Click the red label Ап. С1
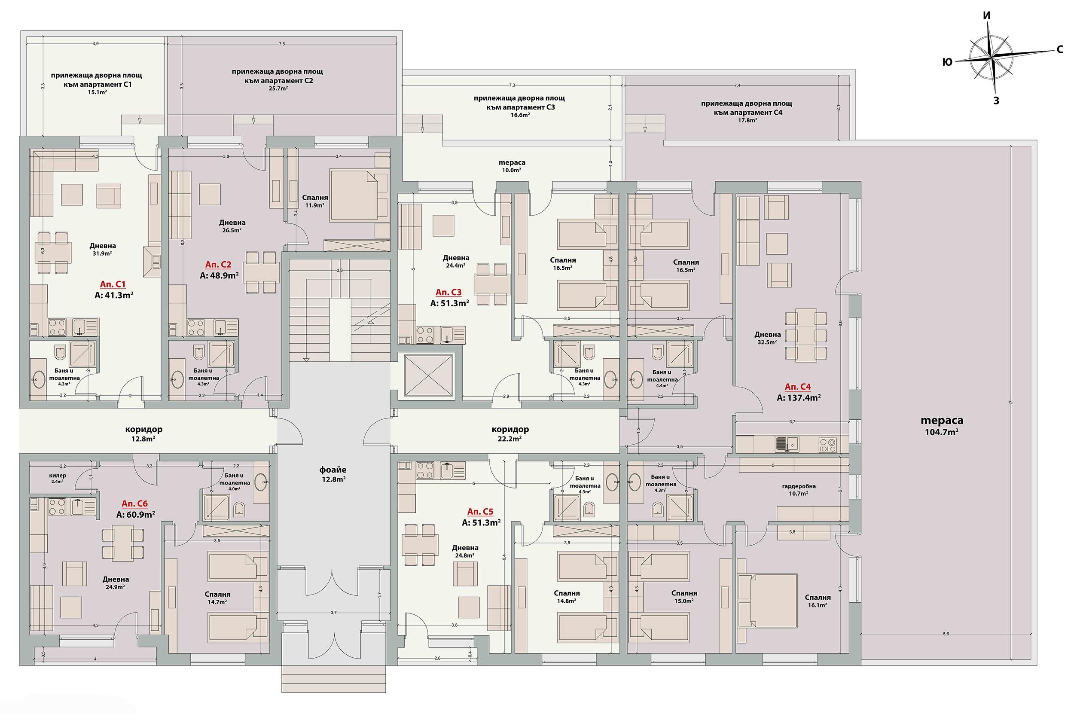tap(113, 284)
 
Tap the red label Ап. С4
tap(798, 387)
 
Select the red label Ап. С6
tap(134, 503)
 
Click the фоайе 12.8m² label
tap(333, 474)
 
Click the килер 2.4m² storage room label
tap(58, 478)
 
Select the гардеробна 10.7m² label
tap(799, 489)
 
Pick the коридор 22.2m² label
tap(510, 433)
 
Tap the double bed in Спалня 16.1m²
tap(767, 601)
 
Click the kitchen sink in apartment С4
tap(786, 444)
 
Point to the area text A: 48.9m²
tap(219, 275)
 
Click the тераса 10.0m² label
tap(512, 166)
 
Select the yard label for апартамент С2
tap(277, 79)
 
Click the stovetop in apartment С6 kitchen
tap(56, 507)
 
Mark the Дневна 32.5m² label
tap(767, 338)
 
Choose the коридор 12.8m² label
tap(143, 433)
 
